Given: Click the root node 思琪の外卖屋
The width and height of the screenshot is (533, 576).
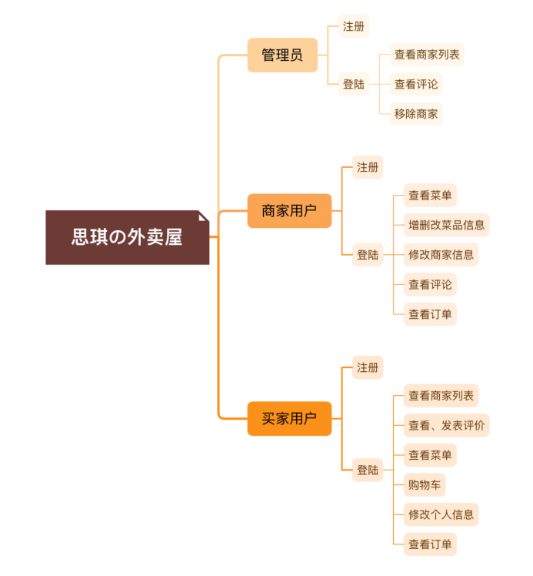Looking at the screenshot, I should (127, 237).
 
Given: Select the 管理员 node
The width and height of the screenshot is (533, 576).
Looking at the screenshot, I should (282, 55).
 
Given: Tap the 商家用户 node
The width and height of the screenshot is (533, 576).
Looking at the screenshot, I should (289, 211).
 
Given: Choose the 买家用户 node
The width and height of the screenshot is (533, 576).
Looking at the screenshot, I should (289, 419).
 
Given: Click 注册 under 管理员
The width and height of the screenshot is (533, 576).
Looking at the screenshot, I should (354, 26).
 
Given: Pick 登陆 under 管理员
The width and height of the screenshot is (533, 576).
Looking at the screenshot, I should (354, 84).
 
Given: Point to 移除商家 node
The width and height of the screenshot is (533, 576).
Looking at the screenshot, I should (416, 114).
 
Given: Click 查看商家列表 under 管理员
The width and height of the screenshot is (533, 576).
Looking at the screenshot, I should (427, 55).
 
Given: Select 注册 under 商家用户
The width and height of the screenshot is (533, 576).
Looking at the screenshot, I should (368, 167).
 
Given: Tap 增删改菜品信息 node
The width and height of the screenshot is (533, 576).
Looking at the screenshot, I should (447, 225).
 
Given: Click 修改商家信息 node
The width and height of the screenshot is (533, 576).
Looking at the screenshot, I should (441, 254).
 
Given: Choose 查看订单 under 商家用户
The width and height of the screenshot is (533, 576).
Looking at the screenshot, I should (430, 314).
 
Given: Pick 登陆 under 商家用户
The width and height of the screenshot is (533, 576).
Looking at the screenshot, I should (368, 254).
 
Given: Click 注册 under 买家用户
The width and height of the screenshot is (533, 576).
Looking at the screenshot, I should (368, 367).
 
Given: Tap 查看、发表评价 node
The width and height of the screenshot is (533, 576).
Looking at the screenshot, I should (447, 425).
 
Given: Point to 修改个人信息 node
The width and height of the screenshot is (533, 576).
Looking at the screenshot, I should (441, 514).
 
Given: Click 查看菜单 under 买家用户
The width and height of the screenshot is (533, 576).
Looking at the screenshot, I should (430, 455).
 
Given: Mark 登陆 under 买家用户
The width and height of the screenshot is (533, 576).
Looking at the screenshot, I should (368, 470).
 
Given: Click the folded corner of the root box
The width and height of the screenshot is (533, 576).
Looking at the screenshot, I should (204, 216).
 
